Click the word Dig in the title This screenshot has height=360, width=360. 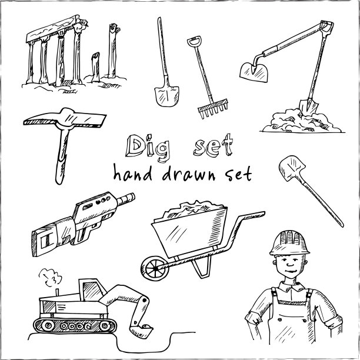[x=148, y=148]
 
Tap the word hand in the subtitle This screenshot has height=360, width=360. [x=133, y=173]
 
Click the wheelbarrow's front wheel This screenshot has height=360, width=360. [x=155, y=268]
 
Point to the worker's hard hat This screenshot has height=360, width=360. [x=289, y=244]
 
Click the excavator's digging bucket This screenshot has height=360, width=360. [x=141, y=331]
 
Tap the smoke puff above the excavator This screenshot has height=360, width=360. [x=50, y=277]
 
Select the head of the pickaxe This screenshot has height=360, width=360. [x=65, y=119]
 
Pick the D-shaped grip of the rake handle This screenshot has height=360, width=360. [x=194, y=41]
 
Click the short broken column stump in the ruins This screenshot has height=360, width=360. [x=95, y=67]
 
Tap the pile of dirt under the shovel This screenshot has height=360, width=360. [x=301, y=121]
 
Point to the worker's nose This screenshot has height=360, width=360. [x=290, y=264]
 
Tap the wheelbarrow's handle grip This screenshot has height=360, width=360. [x=254, y=215]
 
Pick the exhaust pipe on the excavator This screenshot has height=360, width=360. [x=58, y=292]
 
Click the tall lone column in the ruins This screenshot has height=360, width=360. [x=113, y=51]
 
